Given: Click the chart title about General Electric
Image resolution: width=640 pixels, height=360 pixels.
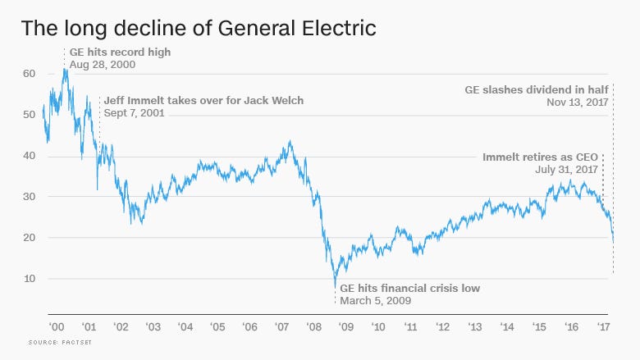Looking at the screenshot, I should [199, 29].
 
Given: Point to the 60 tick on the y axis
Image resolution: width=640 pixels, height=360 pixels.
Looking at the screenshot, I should [29, 74].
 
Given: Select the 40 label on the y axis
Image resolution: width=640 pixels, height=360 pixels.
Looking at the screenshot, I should [29, 156].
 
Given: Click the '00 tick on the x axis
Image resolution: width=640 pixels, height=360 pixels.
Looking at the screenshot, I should [56, 326].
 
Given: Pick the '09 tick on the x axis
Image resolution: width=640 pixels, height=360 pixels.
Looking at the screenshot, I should [345, 326].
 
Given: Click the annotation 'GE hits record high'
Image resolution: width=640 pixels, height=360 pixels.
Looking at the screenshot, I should [120, 52].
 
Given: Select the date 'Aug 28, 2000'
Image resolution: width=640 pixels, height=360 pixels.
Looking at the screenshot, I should [103, 63].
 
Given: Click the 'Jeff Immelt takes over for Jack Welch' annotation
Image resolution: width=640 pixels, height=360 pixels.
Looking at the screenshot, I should [203, 101].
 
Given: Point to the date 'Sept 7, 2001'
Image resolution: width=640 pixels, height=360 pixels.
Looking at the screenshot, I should [134, 113].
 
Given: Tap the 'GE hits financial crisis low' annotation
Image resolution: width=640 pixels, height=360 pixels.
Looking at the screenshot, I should [409, 288].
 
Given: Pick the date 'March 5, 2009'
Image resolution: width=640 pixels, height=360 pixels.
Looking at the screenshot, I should [376, 300].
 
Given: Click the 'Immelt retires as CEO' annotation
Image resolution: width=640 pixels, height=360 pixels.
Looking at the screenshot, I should [542, 157].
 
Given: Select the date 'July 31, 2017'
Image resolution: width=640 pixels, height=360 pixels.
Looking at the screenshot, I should [567, 169].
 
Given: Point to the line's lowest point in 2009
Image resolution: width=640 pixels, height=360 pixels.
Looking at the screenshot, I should [335, 286].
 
